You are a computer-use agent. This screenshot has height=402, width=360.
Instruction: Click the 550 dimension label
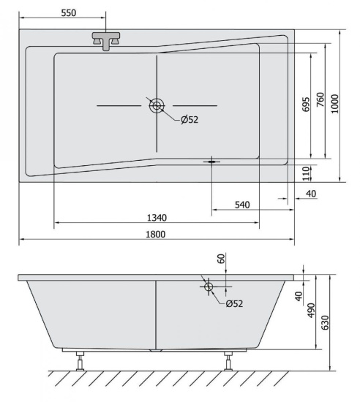click(x=69, y=13)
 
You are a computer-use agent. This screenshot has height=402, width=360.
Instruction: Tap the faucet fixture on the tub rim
click(x=106, y=41)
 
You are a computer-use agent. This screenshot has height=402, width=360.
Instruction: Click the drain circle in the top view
click(x=157, y=106)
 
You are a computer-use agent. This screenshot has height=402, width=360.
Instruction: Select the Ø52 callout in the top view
click(x=190, y=120)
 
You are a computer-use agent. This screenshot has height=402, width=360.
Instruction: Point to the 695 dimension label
click(x=306, y=105)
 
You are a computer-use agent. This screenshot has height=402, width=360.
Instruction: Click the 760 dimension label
click(x=320, y=99)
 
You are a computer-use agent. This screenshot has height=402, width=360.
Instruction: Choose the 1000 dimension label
click(x=335, y=104)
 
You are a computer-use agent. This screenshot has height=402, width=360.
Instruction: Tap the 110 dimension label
click(x=307, y=173)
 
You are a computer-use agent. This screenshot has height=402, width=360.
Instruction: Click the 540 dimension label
click(x=242, y=205)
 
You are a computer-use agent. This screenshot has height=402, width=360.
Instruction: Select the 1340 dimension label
click(x=157, y=218)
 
